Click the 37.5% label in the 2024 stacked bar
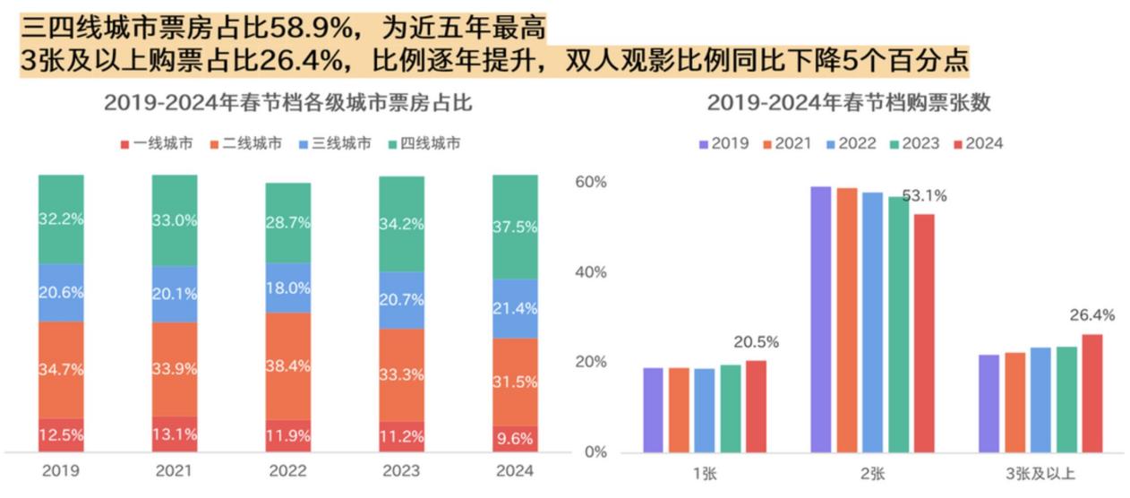515,227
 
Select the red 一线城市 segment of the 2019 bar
61,434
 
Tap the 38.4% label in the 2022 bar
288,365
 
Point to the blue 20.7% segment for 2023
401,300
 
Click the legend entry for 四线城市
424,143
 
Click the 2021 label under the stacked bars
175,471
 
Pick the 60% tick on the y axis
590,182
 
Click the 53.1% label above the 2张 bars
923,196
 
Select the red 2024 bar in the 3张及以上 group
1091,393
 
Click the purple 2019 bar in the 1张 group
654,409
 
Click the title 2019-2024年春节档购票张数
849,103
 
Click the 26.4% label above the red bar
1091,315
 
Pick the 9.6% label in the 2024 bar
515,438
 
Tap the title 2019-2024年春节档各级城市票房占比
288,103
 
